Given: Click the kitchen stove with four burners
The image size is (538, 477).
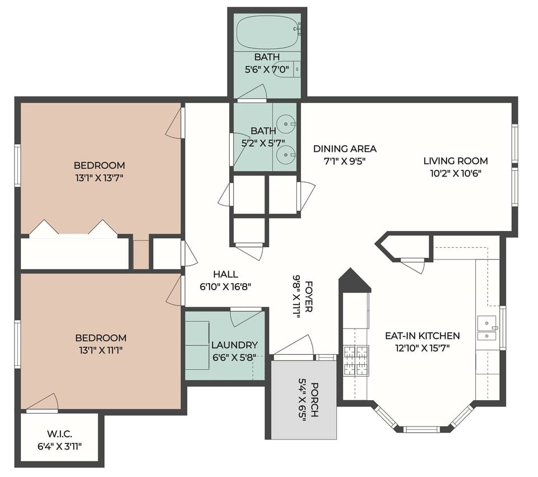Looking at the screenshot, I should (x=354, y=360).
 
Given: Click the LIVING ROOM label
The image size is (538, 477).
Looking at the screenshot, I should (x=455, y=161).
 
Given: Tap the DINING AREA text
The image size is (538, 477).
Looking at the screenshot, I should (x=345, y=149).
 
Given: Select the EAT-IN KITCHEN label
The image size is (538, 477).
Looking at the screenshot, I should (x=422, y=336).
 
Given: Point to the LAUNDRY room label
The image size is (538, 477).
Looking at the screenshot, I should (x=234, y=345).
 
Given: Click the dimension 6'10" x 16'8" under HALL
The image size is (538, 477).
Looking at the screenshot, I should (x=225, y=286).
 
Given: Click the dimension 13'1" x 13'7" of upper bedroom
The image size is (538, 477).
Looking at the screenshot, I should (x=99, y=178).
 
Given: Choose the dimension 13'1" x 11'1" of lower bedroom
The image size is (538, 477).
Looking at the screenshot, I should (x=100, y=350).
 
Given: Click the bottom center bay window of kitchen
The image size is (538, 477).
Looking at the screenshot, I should (x=421, y=429).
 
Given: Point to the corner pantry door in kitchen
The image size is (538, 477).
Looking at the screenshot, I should (x=414, y=265).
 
